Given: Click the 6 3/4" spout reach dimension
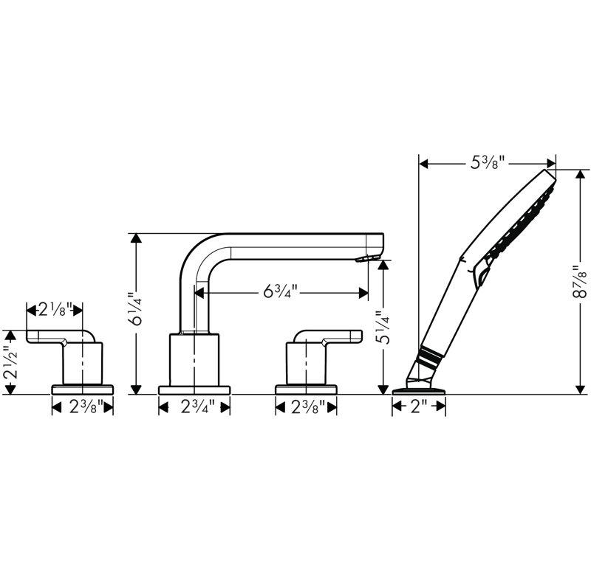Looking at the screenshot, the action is click(x=281, y=291).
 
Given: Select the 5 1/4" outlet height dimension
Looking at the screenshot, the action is click(x=383, y=327).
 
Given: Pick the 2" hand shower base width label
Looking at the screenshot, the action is click(x=418, y=406).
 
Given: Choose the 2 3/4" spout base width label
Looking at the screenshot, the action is click(x=197, y=406).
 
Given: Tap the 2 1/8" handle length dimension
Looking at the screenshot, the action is click(x=55, y=310).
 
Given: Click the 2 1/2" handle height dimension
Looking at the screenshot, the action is click(x=10, y=362).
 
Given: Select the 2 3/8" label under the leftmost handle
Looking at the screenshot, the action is click(x=86, y=406).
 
